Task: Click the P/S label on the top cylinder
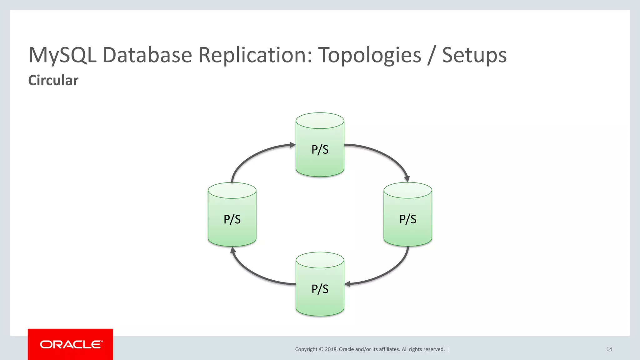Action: (320, 150)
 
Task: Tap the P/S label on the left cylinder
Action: (232, 219)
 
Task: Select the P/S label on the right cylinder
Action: (407, 219)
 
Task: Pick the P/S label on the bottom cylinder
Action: (320, 289)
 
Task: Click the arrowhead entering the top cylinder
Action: (292, 145)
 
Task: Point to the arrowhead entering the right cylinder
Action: (407, 179)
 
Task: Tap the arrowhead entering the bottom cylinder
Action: (347, 284)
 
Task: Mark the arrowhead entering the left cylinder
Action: (233, 250)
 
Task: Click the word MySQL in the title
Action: (62, 55)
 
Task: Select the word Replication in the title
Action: (255, 55)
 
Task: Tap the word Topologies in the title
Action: (369, 55)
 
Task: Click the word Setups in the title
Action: (474, 55)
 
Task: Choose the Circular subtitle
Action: (53, 80)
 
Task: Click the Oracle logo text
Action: (71, 344)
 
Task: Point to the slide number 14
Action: (609, 349)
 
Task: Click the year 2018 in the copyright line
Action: (331, 349)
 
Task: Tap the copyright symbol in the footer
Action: (321, 349)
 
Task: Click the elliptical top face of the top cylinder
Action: (320, 121)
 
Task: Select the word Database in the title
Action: (147, 55)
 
